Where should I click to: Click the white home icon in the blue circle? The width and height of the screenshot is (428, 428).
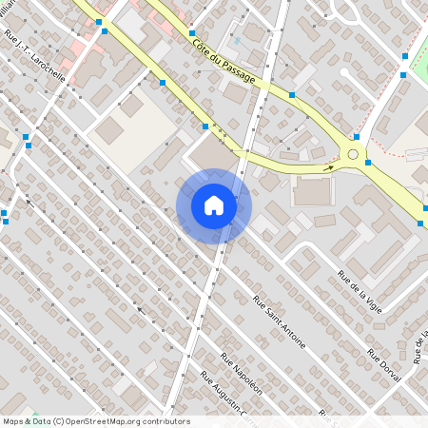[x=214, y=205]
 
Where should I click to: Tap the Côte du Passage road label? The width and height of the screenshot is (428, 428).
[x=224, y=60]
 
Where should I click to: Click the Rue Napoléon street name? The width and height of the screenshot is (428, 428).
[x=241, y=373]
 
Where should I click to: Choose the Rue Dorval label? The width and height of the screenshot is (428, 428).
[x=385, y=365]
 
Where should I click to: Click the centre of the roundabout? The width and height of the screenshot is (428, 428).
[x=354, y=153]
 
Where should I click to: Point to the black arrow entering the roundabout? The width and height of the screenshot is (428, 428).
[x=328, y=167]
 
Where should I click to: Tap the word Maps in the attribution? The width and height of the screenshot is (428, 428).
[x=13, y=421]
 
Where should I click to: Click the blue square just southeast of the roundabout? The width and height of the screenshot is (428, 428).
[x=367, y=163]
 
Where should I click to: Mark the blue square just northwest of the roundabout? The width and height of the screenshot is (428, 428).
[x=356, y=137]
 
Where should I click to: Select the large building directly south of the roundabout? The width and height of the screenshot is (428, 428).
[x=313, y=191]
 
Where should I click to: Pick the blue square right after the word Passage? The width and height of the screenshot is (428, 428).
[x=291, y=95]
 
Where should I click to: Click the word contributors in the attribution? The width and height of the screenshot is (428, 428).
[x=165, y=421]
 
